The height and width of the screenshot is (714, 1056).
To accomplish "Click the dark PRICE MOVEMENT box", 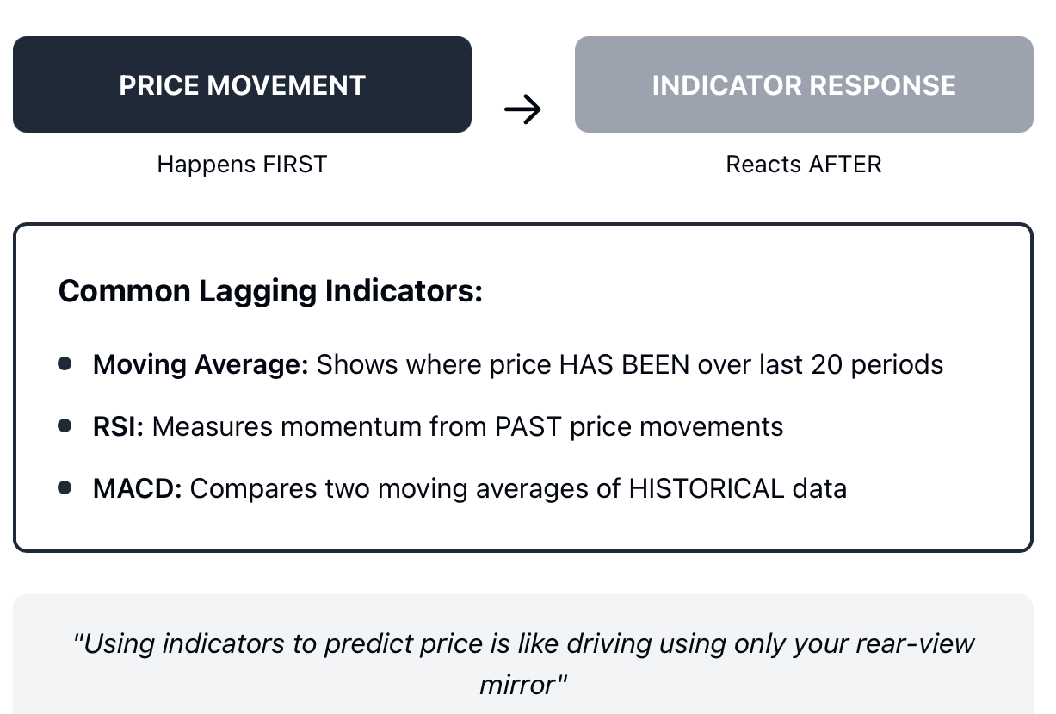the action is click(x=242, y=84).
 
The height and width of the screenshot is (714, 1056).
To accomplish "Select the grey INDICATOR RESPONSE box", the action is click(x=804, y=84).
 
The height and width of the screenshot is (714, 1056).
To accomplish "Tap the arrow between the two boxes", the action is click(x=522, y=109).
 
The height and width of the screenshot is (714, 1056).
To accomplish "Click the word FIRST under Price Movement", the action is click(x=295, y=165).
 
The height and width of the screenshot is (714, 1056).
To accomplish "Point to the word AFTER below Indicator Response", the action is click(x=845, y=165).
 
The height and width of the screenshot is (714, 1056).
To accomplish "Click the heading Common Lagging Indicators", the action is click(x=270, y=291).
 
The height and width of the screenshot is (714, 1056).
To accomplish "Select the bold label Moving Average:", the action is click(x=201, y=365).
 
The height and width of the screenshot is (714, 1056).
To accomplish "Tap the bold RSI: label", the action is click(x=118, y=426).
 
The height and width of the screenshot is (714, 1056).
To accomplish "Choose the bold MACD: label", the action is click(x=137, y=488).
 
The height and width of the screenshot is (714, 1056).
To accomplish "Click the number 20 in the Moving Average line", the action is click(x=827, y=365).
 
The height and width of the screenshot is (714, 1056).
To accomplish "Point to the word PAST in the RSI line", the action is click(x=528, y=426).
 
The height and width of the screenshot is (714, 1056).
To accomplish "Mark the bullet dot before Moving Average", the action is click(x=65, y=363).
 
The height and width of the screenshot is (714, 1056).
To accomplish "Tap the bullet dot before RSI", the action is click(x=65, y=425).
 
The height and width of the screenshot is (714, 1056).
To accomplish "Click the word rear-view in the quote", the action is click(x=915, y=643).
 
